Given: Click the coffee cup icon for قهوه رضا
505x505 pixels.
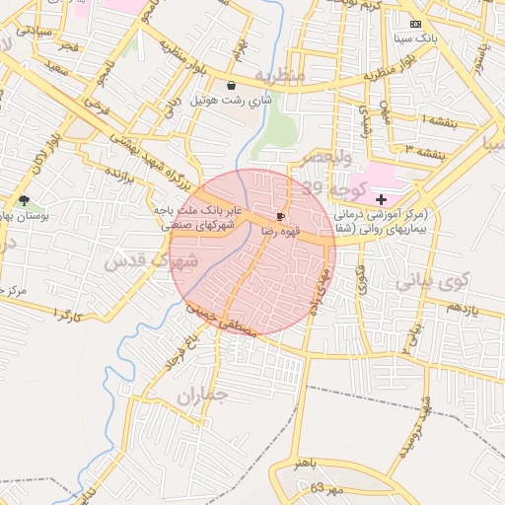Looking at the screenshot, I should pos(281,215).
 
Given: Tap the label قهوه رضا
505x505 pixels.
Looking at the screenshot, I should pos(281,230).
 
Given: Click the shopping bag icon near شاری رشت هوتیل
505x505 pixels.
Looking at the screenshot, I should pos(231,85).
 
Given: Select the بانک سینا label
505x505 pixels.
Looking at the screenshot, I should pos(414,37).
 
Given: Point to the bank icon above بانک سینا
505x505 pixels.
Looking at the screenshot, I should pos(414,23).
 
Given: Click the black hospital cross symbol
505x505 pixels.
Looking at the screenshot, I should pos(381,200).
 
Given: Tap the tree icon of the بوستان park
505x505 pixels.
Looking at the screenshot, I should pos(24,200).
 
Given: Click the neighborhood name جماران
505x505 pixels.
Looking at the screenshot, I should pos(203,396).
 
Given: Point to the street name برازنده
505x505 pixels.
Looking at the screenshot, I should pos(118,177).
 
